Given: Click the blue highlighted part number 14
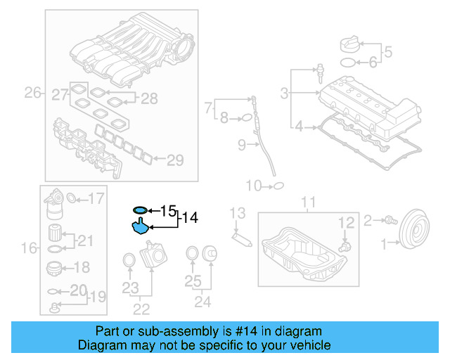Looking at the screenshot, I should [140, 227].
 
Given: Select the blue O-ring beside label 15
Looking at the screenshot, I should [140, 210].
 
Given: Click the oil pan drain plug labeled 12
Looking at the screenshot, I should [344, 247].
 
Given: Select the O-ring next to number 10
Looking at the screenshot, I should [277, 186].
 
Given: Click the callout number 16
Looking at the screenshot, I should [28, 247].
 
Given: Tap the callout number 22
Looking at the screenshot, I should [141, 308].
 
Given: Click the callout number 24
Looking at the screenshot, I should [202, 302].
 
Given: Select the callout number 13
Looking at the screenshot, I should [238, 212].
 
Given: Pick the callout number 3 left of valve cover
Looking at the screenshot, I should [284, 93].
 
